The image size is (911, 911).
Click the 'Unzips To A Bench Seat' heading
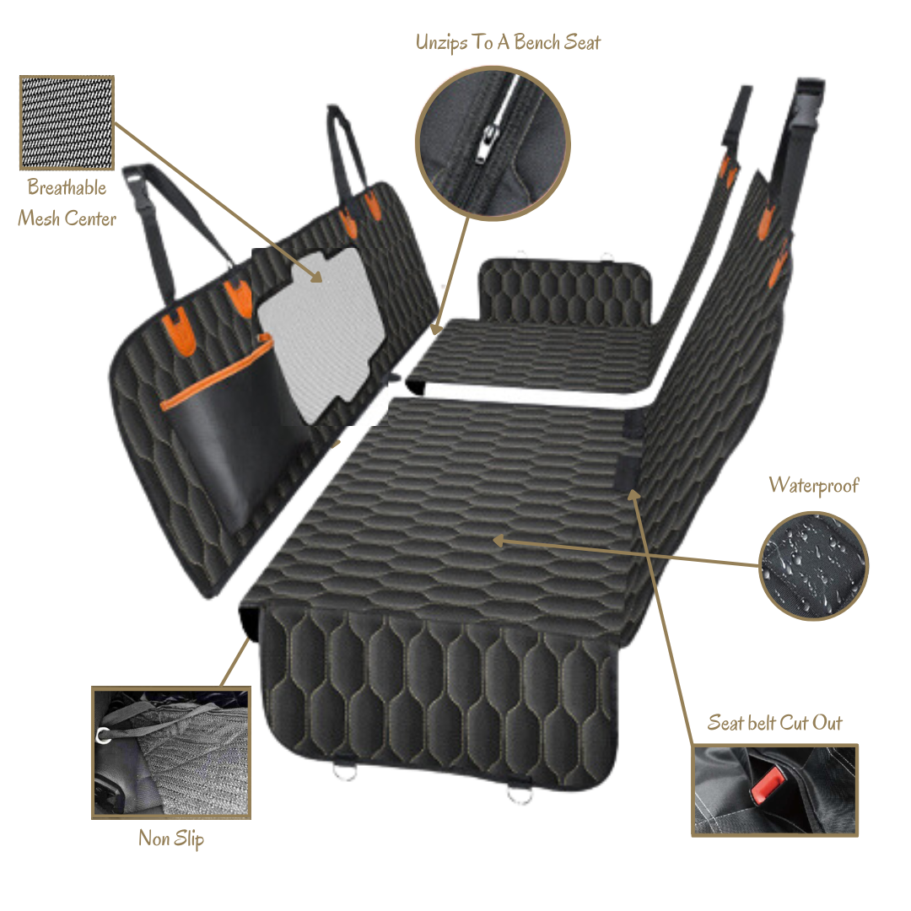(508, 42)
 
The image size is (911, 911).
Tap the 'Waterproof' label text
(813, 486)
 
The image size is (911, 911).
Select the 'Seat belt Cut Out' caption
(774, 723)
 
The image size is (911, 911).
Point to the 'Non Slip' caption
(171, 839)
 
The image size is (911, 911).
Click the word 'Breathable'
(67, 187)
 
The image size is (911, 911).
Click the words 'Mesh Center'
(67, 218)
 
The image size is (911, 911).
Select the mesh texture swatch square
(67, 122)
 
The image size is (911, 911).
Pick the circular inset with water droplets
(813, 565)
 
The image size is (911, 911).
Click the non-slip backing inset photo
(171, 753)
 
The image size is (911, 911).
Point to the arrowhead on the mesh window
(315, 276)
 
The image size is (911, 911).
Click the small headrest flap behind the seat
(564, 290)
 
